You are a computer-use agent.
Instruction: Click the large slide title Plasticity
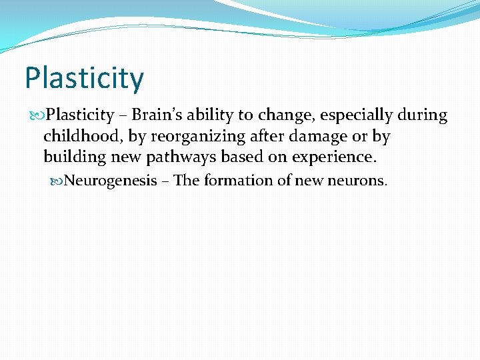click(x=84, y=79)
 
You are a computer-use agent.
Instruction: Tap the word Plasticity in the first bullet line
click(x=80, y=116)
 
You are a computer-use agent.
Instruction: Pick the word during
click(x=423, y=116)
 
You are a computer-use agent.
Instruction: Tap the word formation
click(x=235, y=181)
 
